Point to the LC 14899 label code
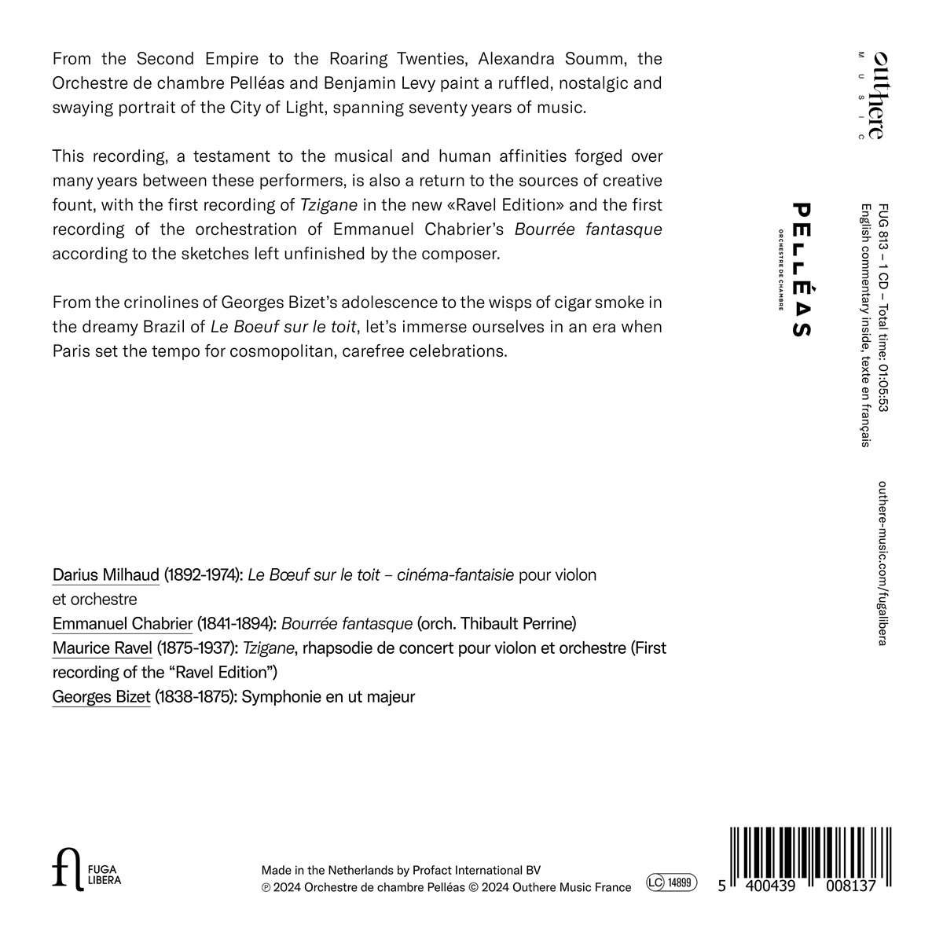point(672,883)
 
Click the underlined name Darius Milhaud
point(106,574)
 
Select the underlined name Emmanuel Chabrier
point(122,624)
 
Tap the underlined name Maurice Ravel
point(102,648)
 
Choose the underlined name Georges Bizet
point(101,696)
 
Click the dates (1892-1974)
point(203,574)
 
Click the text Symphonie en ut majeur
point(328,696)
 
